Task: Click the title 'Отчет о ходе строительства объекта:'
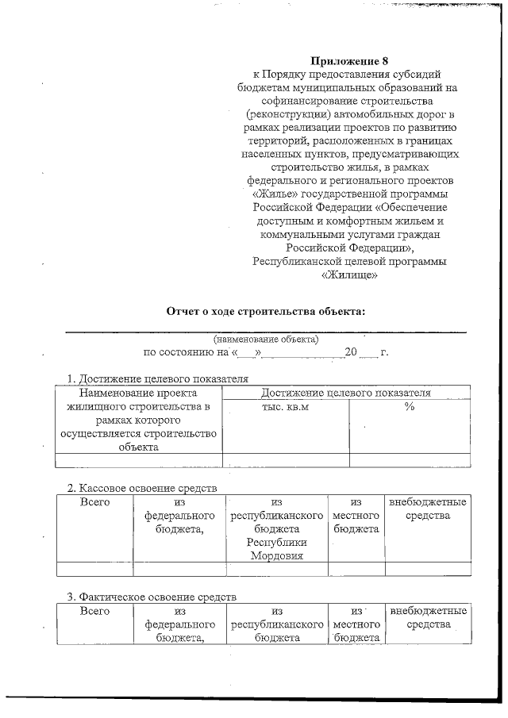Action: point(265,310)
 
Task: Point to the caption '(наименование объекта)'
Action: point(265,339)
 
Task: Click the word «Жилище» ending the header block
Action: point(349,275)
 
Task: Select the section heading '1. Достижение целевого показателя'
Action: point(157,378)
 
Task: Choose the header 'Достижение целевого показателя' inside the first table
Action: point(345,393)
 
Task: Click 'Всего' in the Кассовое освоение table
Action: point(95,502)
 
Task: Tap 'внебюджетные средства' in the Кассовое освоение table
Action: point(427,509)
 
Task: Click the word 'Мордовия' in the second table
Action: point(276,555)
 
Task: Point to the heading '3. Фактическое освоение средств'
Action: point(151,596)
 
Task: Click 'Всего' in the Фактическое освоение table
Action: point(95,611)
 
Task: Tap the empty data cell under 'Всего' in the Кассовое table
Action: point(95,568)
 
